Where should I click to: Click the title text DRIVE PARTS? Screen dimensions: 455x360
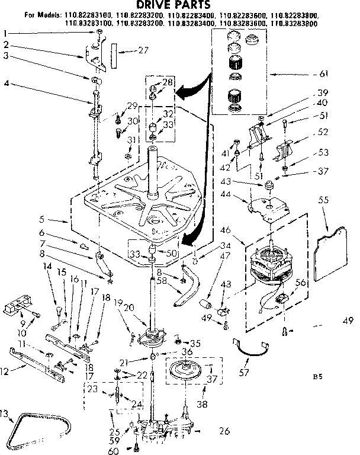[x=176, y=5]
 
